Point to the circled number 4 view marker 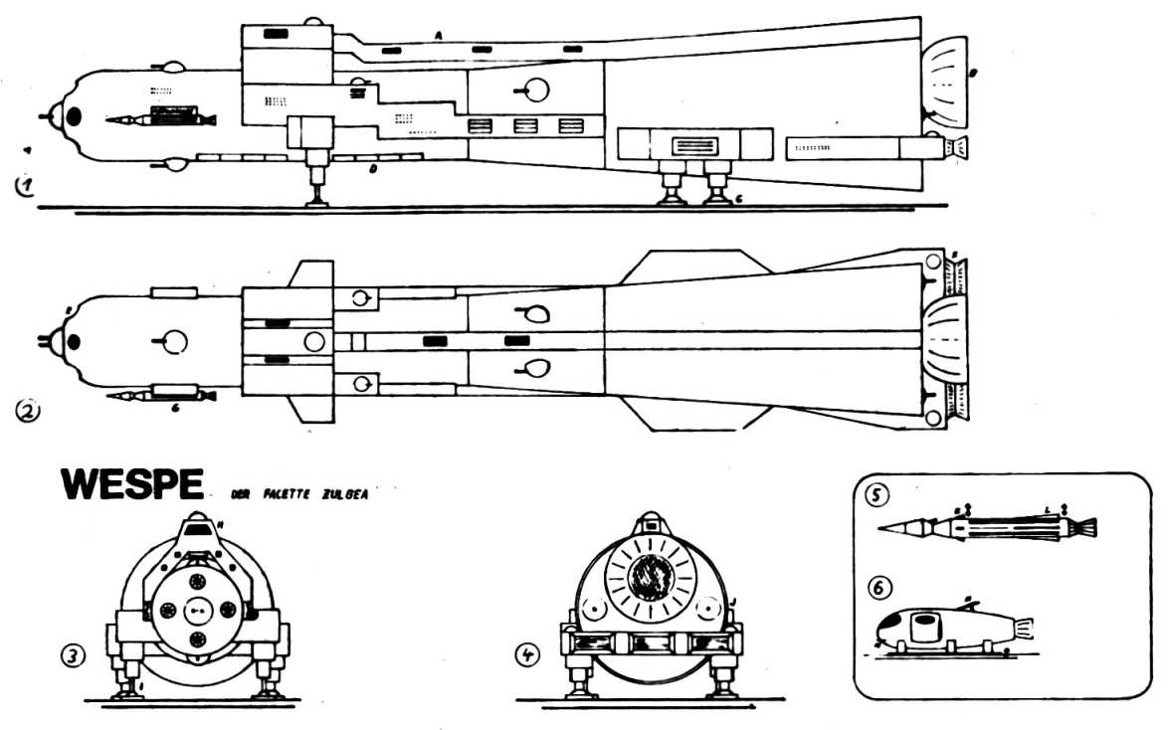point(527,655)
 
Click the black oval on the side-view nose point(74,118)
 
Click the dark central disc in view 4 point(653,574)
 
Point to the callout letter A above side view point(438,36)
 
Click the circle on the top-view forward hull point(174,341)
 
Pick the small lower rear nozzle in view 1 point(957,148)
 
